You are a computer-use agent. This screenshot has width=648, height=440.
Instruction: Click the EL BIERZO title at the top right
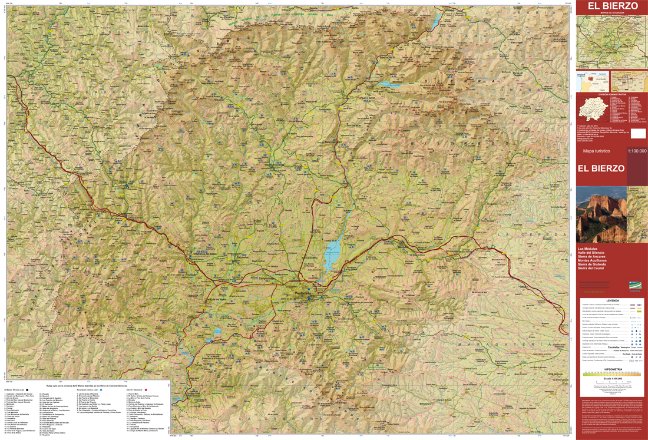tap(611, 6)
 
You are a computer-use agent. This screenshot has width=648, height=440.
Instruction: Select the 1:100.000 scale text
tap(637, 151)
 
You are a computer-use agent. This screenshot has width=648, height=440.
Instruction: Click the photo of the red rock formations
tap(601, 215)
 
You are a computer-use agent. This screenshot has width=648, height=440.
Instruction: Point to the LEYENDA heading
tap(612, 300)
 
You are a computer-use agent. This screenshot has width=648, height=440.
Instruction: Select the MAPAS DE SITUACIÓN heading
tap(611, 12)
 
